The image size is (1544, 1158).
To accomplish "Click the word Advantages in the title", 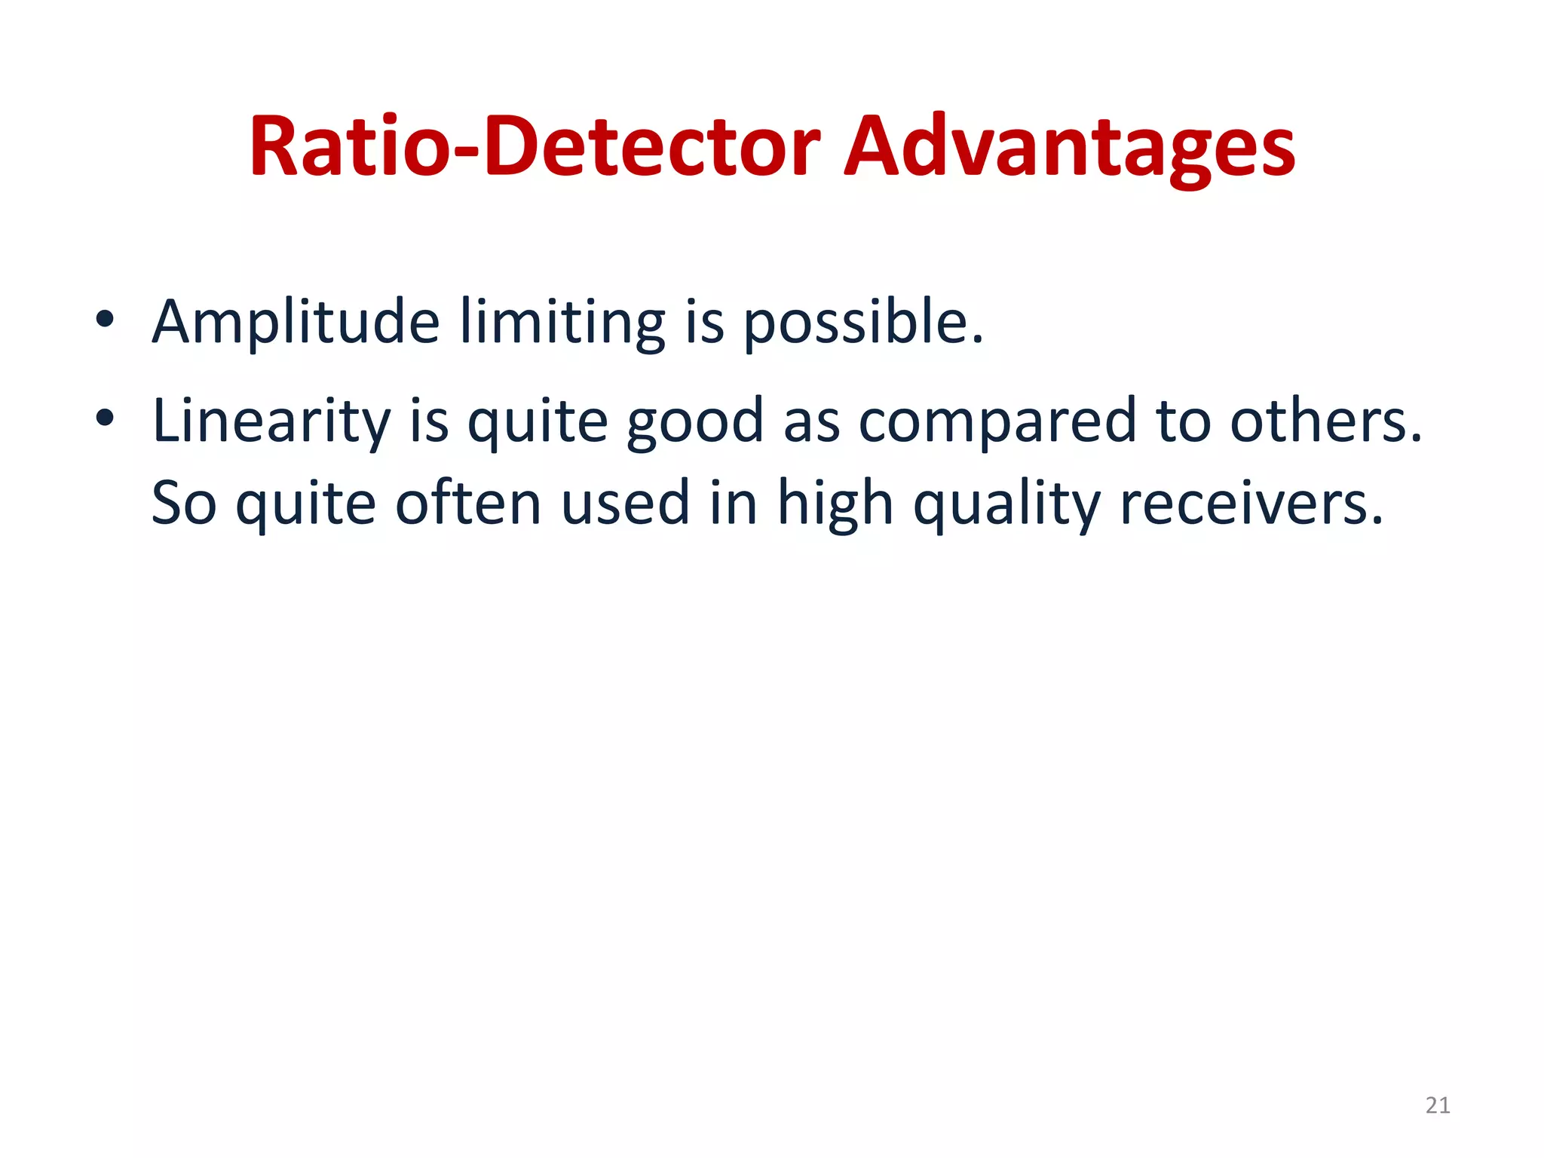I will (x=1069, y=147).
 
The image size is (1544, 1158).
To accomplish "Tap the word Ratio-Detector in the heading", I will (x=535, y=147).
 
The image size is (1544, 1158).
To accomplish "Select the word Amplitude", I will (x=296, y=323).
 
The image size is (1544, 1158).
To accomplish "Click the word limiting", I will (x=562, y=323).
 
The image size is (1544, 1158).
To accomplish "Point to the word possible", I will (x=863, y=323).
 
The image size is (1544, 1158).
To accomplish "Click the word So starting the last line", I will (x=184, y=504).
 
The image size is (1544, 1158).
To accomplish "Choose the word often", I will (x=468, y=504).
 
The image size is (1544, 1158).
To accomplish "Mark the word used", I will (x=626, y=504).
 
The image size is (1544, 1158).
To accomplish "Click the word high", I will (x=835, y=504).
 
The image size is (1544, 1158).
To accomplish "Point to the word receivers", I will (x=1251, y=504).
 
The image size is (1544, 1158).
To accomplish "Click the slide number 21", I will (x=1438, y=1105).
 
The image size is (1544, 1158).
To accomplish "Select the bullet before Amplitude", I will (x=105, y=320).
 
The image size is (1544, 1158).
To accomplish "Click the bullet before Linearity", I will (x=105, y=418).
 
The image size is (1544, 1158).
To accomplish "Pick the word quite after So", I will (x=305, y=504).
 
